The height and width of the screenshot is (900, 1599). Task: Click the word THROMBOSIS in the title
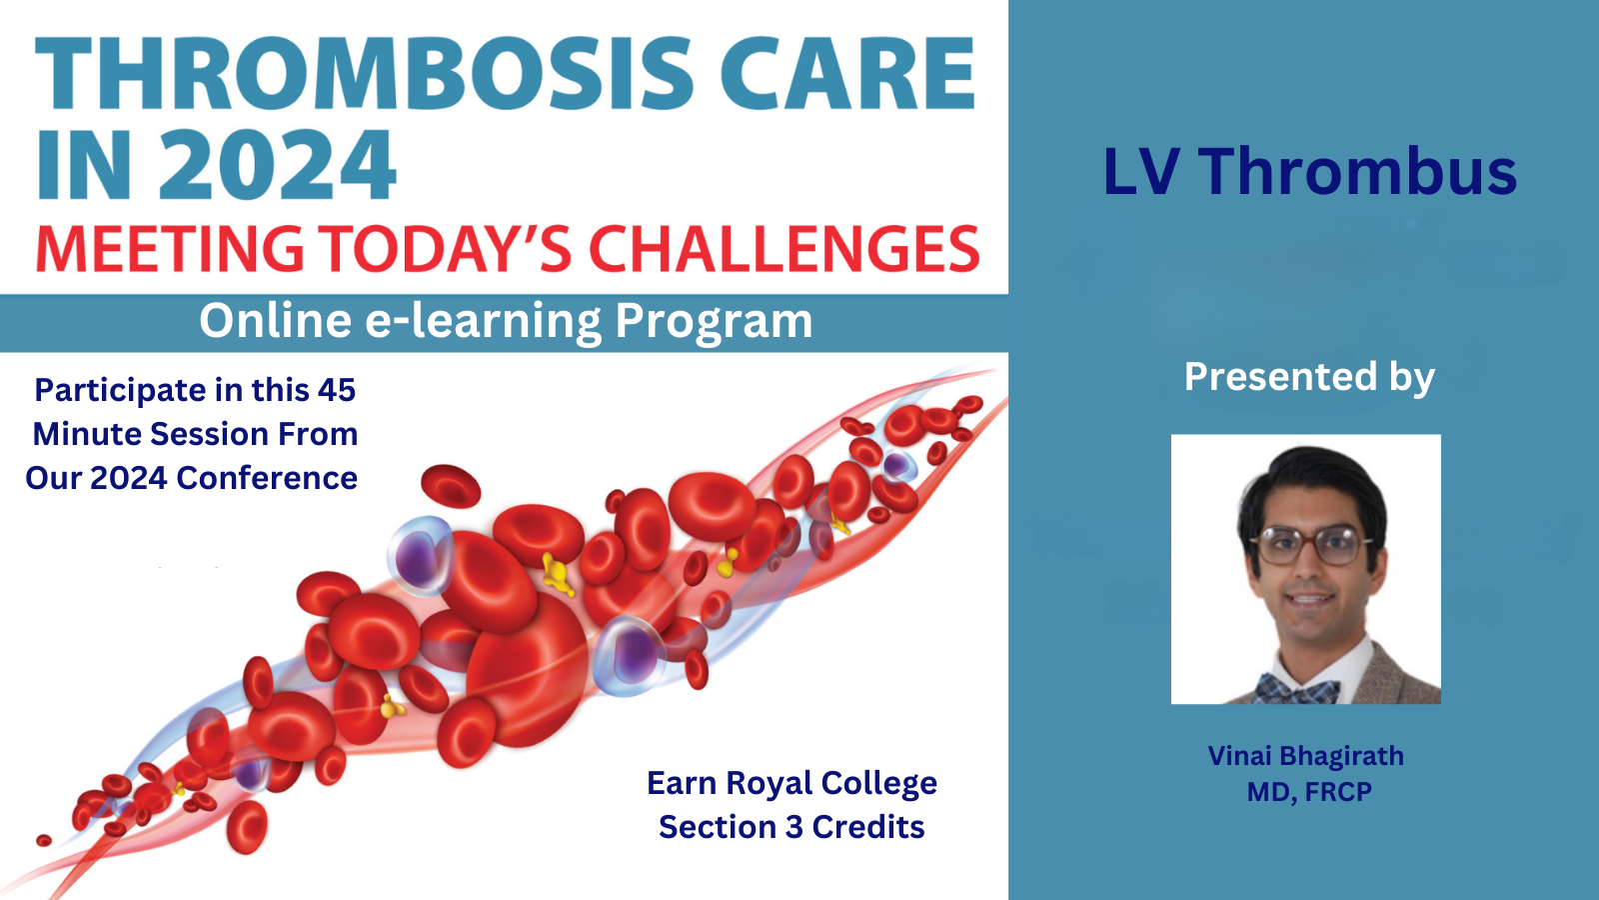[365, 74]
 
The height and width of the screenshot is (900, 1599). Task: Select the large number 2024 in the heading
[277, 166]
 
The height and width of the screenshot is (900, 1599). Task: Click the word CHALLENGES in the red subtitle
[785, 250]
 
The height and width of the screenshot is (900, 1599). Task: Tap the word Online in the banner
[275, 322]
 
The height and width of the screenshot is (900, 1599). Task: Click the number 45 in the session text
[337, 390]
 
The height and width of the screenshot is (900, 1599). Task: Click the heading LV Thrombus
[1309, 172]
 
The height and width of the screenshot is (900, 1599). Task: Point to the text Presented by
[1309, 377]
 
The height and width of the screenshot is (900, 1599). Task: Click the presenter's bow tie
[1297, 690]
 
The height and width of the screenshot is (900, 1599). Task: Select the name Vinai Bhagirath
[1305, 756]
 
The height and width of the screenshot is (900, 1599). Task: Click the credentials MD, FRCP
[1309, 792]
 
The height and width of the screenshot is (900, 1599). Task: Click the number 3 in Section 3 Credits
[795, 827]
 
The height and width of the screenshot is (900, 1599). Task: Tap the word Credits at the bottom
[867, 827]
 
